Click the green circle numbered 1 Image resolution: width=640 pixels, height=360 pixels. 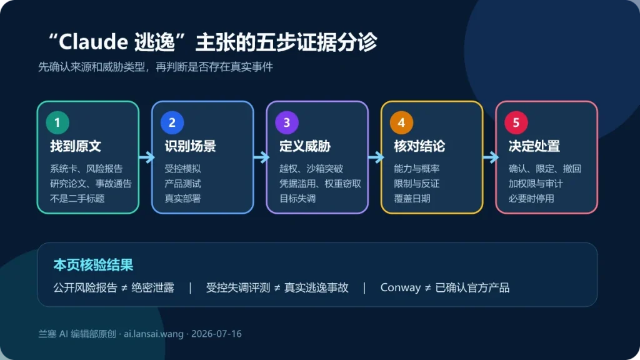pos(57,122)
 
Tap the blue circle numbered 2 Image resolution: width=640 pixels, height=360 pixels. pos(172,122)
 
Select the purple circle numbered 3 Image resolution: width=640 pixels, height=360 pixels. pos(287,122)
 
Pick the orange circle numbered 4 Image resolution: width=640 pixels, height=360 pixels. pos(402,122)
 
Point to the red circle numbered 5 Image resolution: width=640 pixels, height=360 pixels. pos(516,122)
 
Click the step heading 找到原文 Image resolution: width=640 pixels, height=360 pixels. pos(76,146)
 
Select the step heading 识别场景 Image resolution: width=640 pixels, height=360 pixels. pos(190,146)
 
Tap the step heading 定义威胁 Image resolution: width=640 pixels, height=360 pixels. pos(305,146)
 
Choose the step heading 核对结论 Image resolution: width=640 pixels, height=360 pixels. pos(419,146)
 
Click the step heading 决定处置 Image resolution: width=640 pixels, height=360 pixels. pos(534,146)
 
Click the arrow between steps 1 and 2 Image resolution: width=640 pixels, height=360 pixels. pos(146,157)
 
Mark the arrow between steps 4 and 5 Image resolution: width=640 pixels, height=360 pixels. pos(491,157)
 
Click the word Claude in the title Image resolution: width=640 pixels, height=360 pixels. pos(94,42)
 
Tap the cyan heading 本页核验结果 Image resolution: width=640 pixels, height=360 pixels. pos(93,265)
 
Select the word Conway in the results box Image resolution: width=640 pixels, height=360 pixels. pos(401,287)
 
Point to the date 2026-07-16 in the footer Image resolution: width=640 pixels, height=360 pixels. pos(216,334)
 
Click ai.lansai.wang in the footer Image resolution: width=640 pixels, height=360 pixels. pos(154,334)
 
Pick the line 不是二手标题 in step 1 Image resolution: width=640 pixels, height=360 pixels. pos(77,199)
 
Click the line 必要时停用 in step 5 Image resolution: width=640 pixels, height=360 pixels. pos(531,199)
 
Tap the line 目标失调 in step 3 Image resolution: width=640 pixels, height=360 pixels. pos(297,199)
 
